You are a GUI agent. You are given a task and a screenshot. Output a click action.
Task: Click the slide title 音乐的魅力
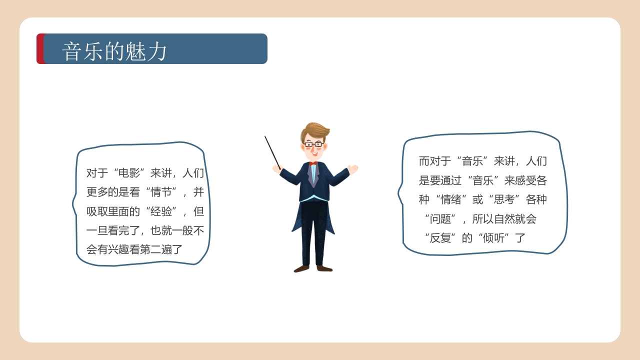pyautogui.click(x=114, y=51)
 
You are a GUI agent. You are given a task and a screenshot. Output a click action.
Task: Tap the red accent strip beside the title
pyautogui.click(x=40, y=49)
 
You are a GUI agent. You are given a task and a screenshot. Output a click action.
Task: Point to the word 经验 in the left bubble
pyautogui.click(x=161, y=211)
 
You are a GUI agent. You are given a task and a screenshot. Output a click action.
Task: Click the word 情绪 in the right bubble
pyautogui.click(x=451, y=199)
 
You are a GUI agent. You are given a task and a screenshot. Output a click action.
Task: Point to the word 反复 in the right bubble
pyautogui.click(x=440, y=238)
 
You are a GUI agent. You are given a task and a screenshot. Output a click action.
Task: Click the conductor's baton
pyautogui.click(x=272, y=151)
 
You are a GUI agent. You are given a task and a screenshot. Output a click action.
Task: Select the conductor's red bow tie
pyautogui.click(x=313, y=163)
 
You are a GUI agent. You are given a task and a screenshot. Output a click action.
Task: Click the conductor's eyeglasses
pyautogui.click(x=313, y=144)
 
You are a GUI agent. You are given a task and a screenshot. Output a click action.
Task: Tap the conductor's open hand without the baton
pyautogui.click(x=353, y=169)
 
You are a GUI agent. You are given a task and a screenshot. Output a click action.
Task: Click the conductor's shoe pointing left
pyautogui.click(x=301, y=269)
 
